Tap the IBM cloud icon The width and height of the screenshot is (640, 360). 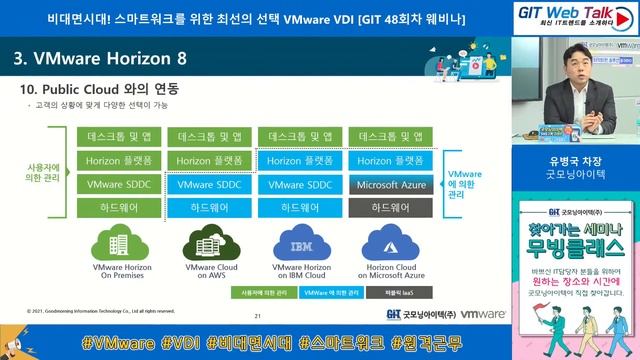pyautogui.click(x=295, y=244)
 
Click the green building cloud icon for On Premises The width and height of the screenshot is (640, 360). pyautogui.click(x=117, y=244)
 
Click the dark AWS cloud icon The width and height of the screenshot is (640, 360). pyautogui.click(x=207, y=244)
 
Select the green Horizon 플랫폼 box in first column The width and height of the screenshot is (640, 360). pyautogui.click(x=118, y=160)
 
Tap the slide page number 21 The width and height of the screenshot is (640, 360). pyautogui.click(x=257, y=315)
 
